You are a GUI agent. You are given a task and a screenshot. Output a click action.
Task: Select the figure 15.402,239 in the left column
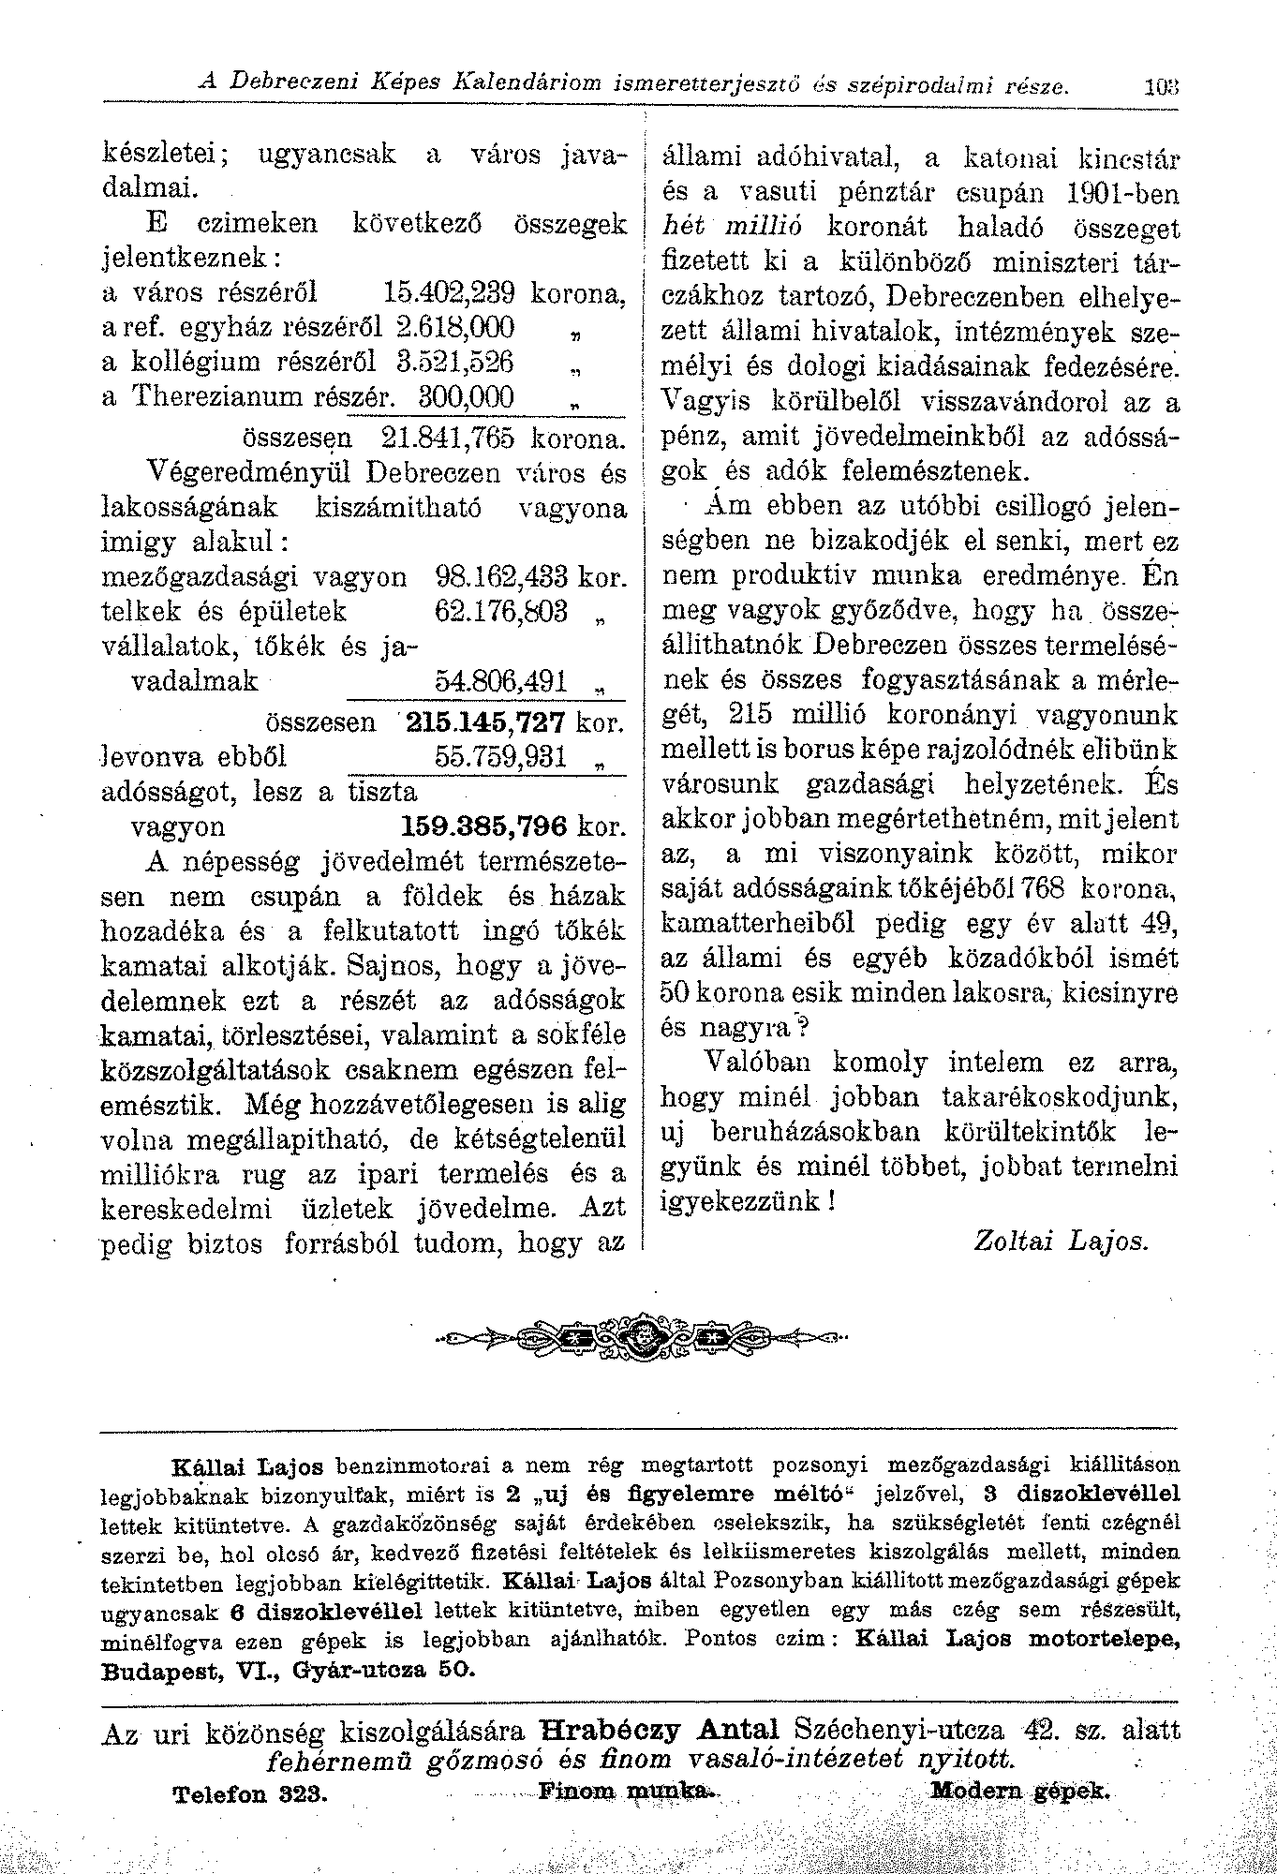(x=453, y=292)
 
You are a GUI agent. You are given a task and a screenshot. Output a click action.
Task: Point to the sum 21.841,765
(x=453, y=438)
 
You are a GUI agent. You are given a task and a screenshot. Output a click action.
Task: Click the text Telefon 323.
(x=250, y=1794)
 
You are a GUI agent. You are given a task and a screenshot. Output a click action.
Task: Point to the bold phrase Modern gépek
(x=1021, y=1792)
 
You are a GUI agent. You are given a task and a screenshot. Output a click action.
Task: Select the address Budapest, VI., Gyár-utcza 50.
(x=289, y=1671)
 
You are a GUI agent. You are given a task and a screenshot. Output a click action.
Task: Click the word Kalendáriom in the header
(x=520, y=84)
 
